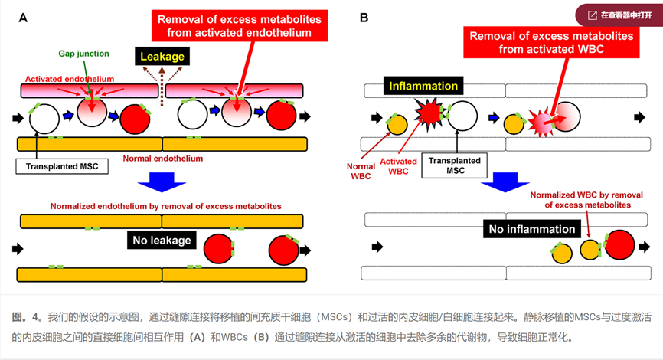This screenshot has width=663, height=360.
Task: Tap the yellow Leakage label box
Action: tap(161, 57)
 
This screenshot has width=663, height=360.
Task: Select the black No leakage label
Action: tap(160, 241)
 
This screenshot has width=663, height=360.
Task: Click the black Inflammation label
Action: tap(423, 86)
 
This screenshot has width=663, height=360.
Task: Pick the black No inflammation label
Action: tap(531, 229)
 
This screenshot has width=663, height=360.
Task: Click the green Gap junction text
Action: tap(83, 54)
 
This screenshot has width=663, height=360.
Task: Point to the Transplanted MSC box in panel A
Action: tap(62, 165)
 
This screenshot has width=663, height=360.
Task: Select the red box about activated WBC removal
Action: tap(550, 43)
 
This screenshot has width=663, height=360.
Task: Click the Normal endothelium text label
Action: tap(163, 159)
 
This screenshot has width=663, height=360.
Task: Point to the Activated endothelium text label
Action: tap(70, 78)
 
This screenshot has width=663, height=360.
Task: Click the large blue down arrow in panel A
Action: tap(161, 184)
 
